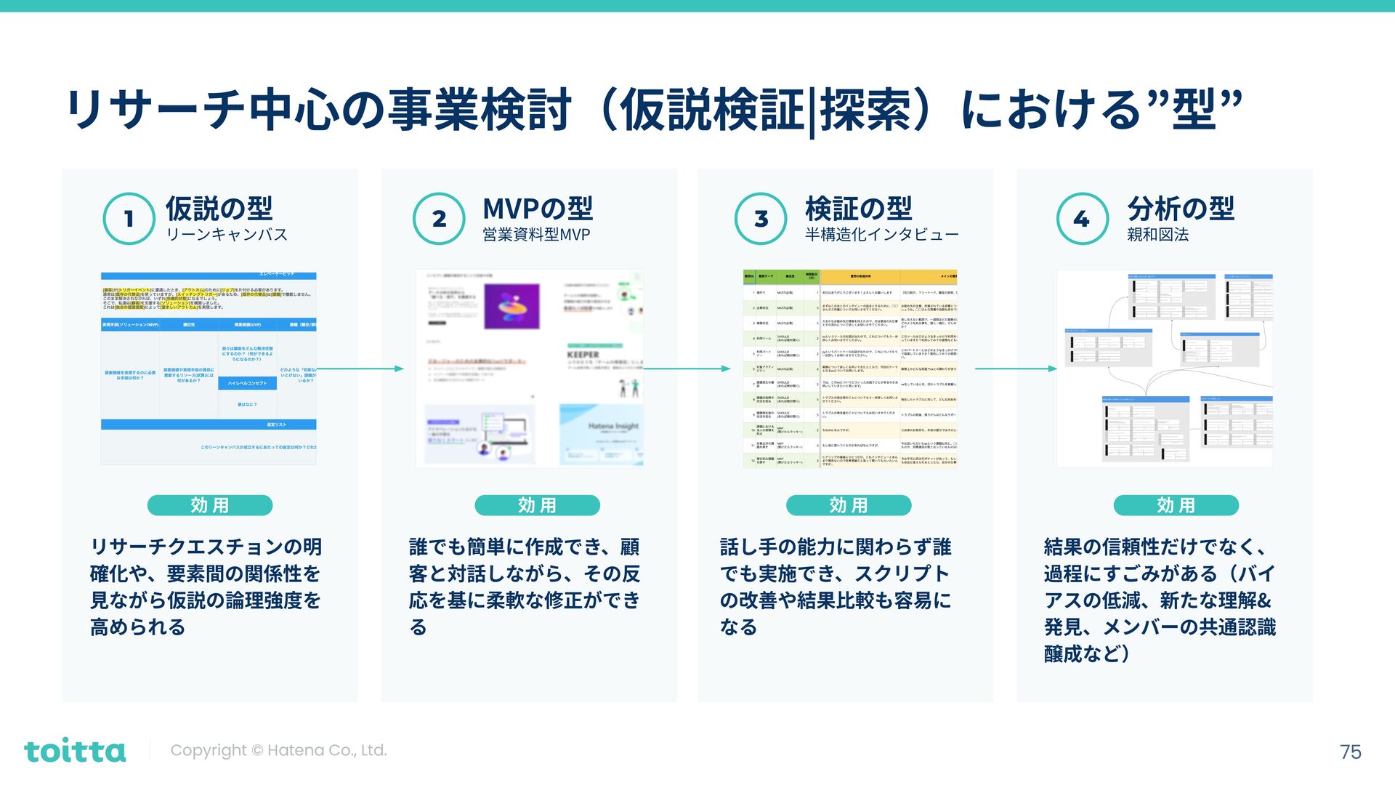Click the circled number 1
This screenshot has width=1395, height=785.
(x=129, y=218)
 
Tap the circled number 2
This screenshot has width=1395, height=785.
(x=439, y=218)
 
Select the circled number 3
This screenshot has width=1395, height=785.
(x=761, y=218)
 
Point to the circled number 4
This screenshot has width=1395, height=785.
(x=1082, y=218)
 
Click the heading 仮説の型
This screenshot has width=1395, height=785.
(x=219, y=209)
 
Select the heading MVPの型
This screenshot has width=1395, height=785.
(x=538, y=209)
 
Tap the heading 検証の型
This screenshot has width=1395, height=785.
(x=858, y=209)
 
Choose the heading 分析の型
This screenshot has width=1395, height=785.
(x=1181, y=209)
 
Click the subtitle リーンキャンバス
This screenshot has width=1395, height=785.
(x=227, y=235)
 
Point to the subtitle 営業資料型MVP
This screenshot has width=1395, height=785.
(x=536, y=235)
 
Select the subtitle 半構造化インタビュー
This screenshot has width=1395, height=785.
(x=881, y=235)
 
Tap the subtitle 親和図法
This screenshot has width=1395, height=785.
(x=1158, y=235)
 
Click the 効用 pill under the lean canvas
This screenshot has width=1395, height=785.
(x=210, y=505)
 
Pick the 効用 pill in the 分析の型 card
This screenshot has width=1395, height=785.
(x=1176, y=505)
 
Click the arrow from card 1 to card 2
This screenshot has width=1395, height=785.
(x=361, y=369)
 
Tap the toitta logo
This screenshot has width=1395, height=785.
(x=75, y=750)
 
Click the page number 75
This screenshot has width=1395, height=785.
(x=1350, y=752)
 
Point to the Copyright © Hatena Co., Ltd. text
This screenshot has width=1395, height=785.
(x=278, y=750)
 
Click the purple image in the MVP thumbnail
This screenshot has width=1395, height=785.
(x=511, y=306)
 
